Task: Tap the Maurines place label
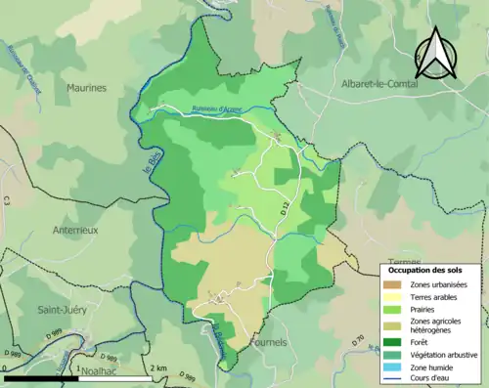click(86, 88)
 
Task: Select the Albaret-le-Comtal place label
click(378, 85)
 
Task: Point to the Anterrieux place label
click(75, 231)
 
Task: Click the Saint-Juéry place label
click(62, 310)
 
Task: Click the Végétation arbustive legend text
click(445, 354)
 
